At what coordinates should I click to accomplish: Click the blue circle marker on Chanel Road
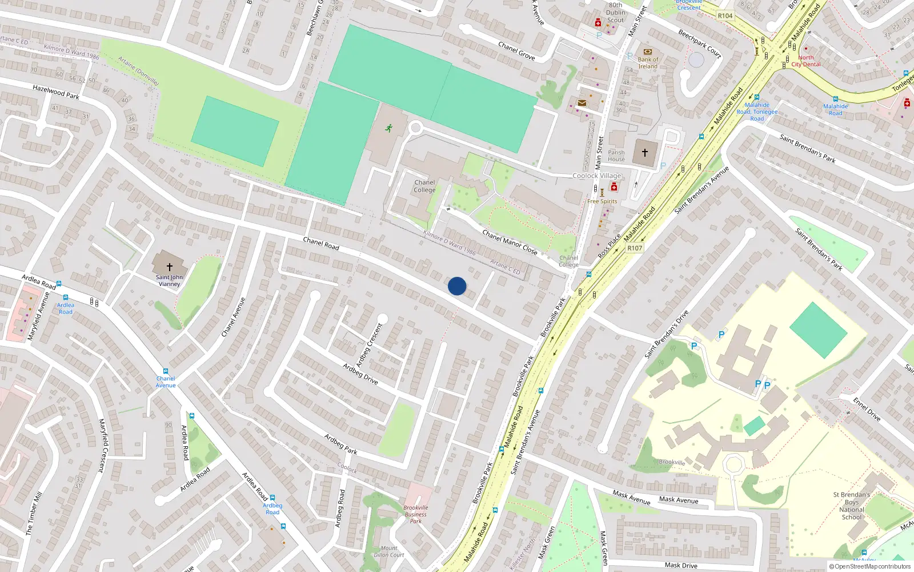(457, 286)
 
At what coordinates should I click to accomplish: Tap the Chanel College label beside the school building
(424, 186)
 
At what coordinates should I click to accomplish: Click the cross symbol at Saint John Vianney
(169, 267)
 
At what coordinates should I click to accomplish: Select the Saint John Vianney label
(169, 280)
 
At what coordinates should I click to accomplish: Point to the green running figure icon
(389, 128)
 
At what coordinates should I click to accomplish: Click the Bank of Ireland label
(648, 63)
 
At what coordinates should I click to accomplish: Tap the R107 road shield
(635, 248)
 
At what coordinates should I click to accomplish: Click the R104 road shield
(725, 16)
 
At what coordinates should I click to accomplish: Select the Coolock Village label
(597, 176)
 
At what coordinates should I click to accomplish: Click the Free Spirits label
(602, 201)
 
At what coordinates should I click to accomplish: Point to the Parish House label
(616, 156)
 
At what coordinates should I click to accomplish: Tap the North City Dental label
(806, 61)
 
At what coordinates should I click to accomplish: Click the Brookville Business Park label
(416, 514)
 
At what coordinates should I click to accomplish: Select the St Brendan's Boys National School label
(851, 506)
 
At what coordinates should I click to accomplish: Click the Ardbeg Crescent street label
(369, 345)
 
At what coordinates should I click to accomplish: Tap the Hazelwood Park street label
(56, 92)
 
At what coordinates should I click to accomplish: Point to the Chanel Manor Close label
(510, 242)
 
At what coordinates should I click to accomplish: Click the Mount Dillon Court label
(389, 551)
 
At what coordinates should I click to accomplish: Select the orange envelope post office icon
(582, 103)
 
